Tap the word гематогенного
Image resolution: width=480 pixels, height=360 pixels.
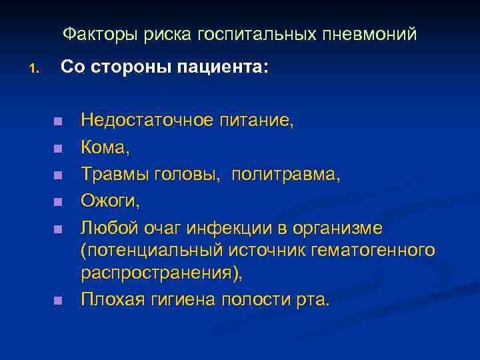point(377,251)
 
